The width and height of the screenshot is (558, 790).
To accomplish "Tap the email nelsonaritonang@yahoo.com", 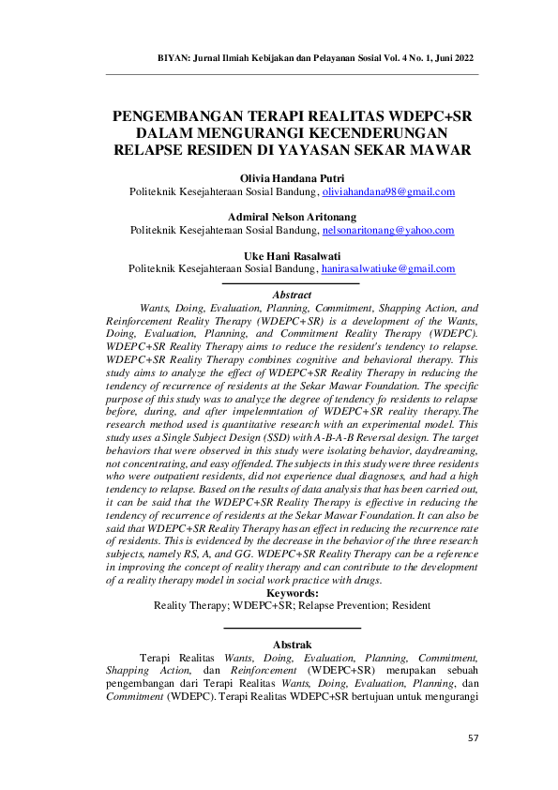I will coord(388,230).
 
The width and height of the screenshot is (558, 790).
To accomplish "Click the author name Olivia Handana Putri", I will coord(292,177).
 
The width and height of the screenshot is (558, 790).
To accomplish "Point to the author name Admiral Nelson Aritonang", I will coord(292,216).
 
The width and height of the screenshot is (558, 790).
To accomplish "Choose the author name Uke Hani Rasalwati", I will coord(292,255).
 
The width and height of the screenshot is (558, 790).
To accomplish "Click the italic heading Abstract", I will coord(292,296).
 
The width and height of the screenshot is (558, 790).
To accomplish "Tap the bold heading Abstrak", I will coord(292,645).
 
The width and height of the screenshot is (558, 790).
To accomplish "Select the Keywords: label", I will coord(292,593).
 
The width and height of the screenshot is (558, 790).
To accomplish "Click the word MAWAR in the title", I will coord(440,150).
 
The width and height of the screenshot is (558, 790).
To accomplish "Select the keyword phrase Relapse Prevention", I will coord(350,605).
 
